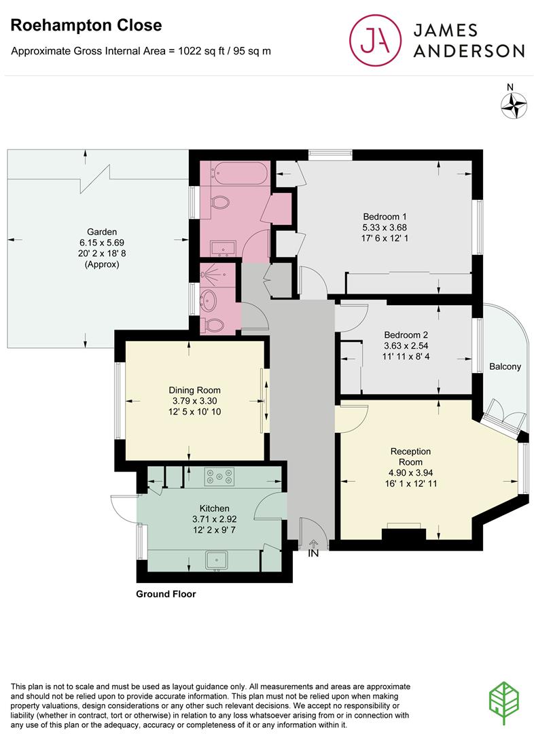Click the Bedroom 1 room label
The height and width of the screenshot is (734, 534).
coord(385,217)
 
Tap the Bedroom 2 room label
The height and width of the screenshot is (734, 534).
coord(406,335)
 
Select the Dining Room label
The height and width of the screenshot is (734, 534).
coord(194,390)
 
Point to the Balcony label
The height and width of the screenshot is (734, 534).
coord(505,366)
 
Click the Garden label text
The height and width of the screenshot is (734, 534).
coord(102,232)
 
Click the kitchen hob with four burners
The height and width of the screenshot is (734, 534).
coord(219,476)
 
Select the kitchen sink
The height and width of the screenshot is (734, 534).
coord(216,560)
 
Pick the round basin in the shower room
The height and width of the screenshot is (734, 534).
coord(209,298)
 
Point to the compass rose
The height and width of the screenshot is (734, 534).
coord(514,106)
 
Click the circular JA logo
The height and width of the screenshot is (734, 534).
coord(375,40)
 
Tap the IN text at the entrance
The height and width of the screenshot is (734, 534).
coord(313,553)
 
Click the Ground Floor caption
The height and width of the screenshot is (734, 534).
coord(166,594)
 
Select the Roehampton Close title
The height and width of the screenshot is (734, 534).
coord(86,25)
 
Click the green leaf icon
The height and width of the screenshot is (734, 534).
coord(504,703)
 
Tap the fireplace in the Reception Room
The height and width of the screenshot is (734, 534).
coord(404,534)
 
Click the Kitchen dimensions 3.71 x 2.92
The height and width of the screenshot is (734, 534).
coord(215,519)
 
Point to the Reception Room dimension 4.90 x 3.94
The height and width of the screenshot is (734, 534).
coord(410,473)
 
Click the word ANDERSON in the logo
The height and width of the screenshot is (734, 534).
coord(469,51)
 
